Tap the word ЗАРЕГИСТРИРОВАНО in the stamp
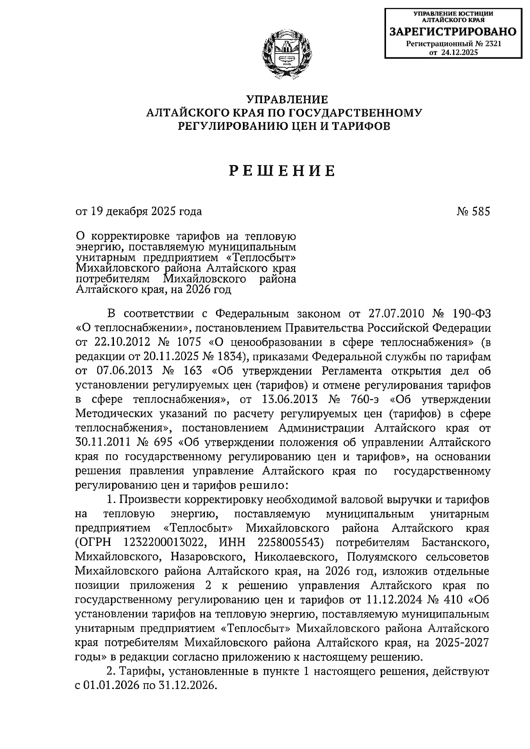coord(452,32)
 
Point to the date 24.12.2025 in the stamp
coord(459,52)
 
